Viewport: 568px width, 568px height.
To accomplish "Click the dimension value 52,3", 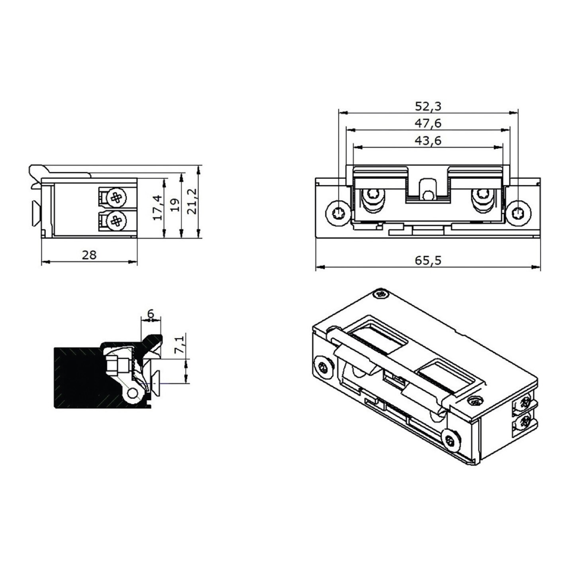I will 428,106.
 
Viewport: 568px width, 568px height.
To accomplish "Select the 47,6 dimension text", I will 428,124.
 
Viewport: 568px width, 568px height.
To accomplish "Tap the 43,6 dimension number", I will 428,140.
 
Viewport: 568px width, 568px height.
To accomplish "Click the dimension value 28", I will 89,255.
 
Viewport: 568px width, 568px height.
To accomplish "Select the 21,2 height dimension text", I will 191,201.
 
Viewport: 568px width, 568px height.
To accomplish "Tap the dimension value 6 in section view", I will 150,314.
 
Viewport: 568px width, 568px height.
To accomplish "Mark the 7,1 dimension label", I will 179,345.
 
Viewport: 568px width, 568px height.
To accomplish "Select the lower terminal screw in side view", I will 116,221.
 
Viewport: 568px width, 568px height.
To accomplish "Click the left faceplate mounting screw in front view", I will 337,212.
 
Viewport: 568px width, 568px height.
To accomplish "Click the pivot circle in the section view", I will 134,392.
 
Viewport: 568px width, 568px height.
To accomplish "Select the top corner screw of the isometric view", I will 380,294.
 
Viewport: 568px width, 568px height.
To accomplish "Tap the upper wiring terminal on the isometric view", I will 524,403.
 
